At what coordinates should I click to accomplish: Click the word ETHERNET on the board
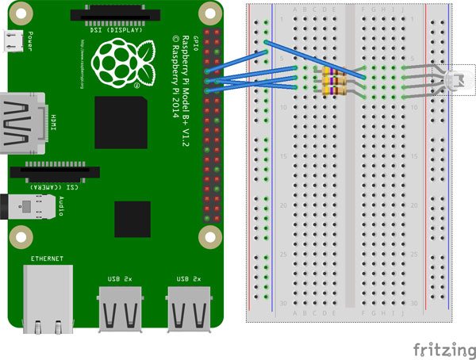click(48, 259)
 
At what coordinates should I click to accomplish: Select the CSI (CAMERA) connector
click(56, 171)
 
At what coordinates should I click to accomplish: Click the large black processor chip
click(120, 124)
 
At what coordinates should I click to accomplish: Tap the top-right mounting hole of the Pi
click(209, 13)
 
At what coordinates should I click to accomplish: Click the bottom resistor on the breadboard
click(333, 89)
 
